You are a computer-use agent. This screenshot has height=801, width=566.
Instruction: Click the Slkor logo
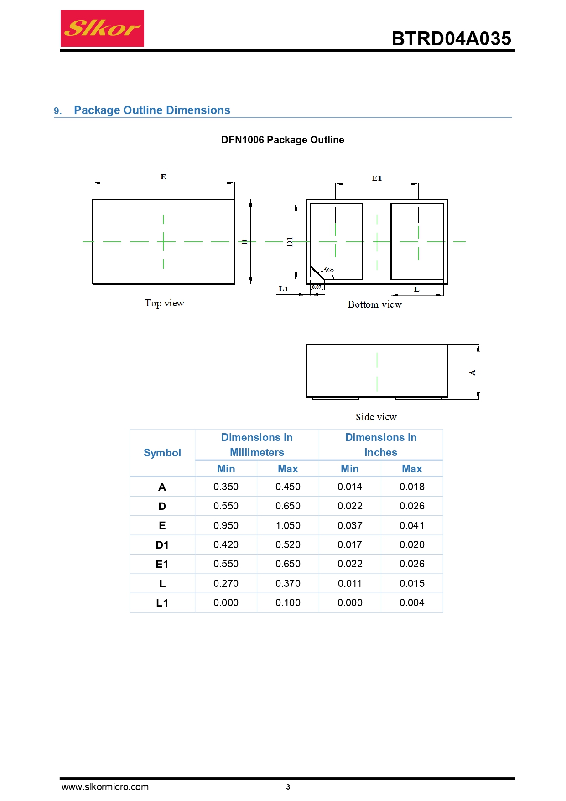[x=102, y=28]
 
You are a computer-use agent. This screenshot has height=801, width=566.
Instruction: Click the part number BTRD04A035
[x=451, y=39]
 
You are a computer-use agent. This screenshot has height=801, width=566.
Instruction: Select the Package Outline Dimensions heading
[x=152, y=110]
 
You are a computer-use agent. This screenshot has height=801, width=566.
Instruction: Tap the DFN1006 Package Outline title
[x=283, y=140]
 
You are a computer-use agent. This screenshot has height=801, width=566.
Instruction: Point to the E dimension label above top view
[x=163, y=177]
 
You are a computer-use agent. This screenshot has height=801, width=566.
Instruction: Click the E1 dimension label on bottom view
[x=377, y=178]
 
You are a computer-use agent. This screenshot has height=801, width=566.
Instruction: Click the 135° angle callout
[x=329, y=270]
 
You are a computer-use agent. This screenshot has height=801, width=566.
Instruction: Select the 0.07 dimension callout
[x=317, y=287]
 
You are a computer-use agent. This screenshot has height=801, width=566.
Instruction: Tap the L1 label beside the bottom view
[x=284, y=288]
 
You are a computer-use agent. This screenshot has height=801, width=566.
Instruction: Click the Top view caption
[x=165, y=303]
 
